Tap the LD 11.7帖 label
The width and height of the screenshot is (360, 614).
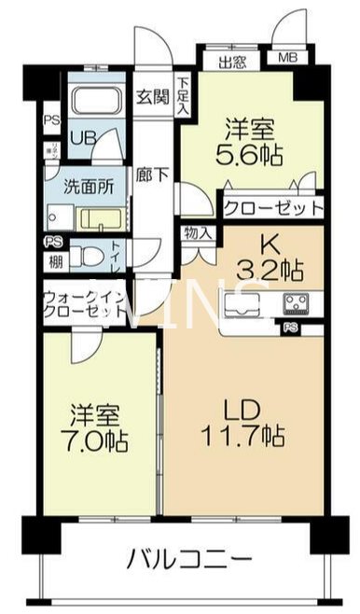coord(245,422)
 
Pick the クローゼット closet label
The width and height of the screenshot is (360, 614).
coord(272,206)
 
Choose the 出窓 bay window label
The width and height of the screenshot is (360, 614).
coord(233,63)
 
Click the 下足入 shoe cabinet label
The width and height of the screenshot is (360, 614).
coord(183,96)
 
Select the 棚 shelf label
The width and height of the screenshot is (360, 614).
coord(56,262)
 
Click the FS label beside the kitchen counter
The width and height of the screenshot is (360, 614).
coord(292,327)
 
